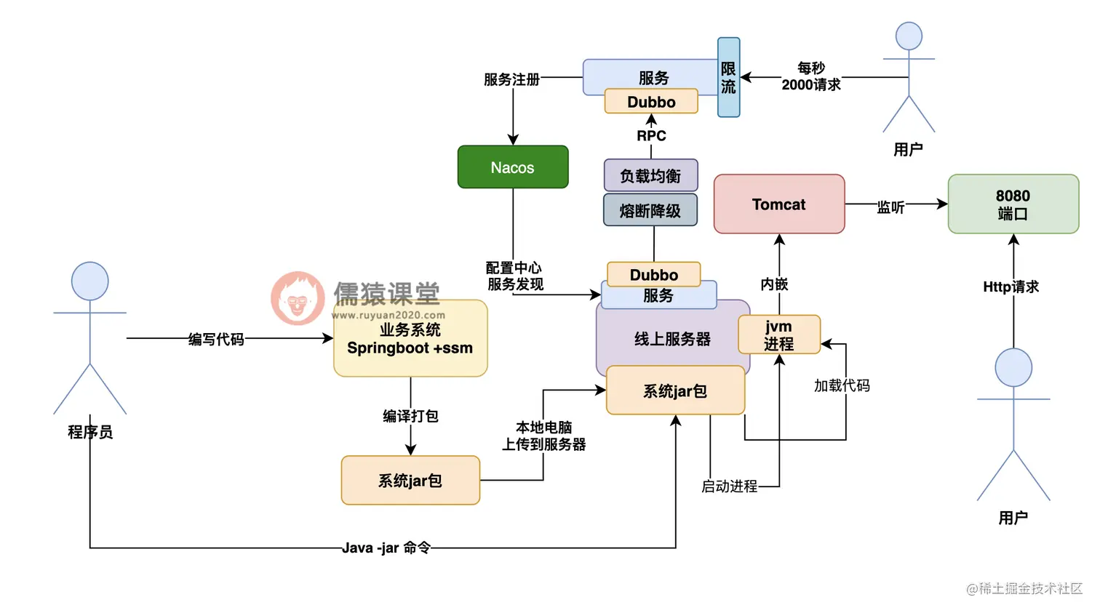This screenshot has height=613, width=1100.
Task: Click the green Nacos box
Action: pyautogui.click(x=512, y=167)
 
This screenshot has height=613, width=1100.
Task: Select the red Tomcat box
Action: pyautogui.click(x=778, y=204)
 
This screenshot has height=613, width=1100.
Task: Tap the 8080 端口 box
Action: pyautogui.click(x=1013, y=204)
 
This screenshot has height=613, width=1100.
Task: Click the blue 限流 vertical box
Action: pyautogui.click(x=728, y=78)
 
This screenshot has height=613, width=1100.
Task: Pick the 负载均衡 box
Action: pyautogui.click(x=650, y=176)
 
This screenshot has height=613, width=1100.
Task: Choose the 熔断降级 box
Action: pyautogui.click(x=650, y=211)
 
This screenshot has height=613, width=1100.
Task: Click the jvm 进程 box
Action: pyautogui.click(x=778, y=335)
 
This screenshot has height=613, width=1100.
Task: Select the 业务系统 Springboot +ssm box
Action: pyautogui.click(x=410, y=339)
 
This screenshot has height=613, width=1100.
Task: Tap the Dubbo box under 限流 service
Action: pyautogui.click(x=651, y=102)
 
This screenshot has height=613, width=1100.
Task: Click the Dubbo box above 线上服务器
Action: pyautogui.click(x=653, y=275)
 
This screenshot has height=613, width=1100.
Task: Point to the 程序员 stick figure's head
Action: pyautogui.click(x=89, y=281)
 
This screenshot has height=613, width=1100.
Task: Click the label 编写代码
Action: pyautogui.click(x=216, y=339)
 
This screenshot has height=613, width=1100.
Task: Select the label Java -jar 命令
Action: pyautogui.click(x=386, y=548)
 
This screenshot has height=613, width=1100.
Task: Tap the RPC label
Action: pyautogui.click(x=651, y=136)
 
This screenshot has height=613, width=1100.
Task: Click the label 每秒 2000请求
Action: pyautogui.click(x=810, y=76)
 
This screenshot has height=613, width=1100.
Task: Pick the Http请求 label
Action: pyautogui.click(x=1011, y=287)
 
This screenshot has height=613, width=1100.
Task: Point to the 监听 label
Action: pyautogui.click(x=890, y=207)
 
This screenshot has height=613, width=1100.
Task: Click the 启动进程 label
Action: pyautogui.click(x=729, y=486)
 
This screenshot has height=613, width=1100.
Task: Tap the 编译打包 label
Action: pyautogui.click(x=410, y=416)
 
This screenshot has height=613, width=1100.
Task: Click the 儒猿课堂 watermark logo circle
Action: pyautogui.click(x=298, y=298)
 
